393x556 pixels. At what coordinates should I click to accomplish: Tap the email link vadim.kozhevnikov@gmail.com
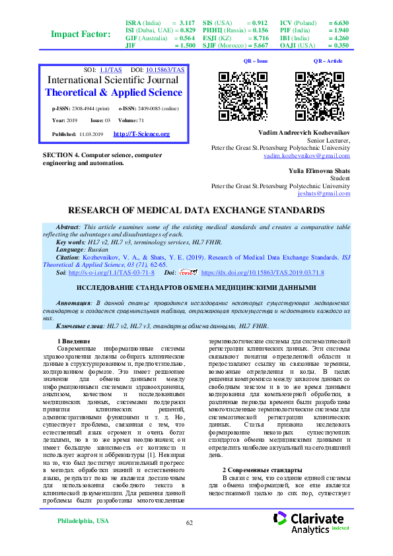click(306, 156)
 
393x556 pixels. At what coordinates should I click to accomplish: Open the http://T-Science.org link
click(141, 134)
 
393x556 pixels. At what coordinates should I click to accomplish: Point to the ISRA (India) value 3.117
click(187, 22)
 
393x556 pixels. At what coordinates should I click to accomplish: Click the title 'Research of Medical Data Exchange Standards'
click(196, 211)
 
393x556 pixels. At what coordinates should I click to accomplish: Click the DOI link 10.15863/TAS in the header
click(165, 69)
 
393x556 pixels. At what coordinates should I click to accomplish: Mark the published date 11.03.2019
click(88, 134)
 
